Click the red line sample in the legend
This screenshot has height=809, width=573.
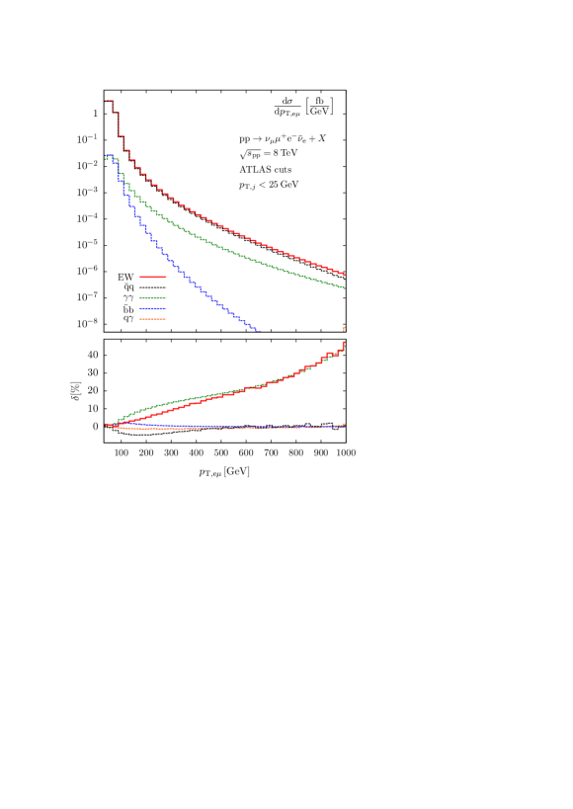(x=153, y=278)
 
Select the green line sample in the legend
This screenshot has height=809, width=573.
(x=153, y=298)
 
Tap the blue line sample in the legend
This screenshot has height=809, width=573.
(x=153, y=309)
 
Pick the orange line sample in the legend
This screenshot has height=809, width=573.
(x=153, y=319)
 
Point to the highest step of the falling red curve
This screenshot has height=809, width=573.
(x=110, y=101)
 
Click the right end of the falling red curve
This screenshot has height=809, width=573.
(x=345, y=275)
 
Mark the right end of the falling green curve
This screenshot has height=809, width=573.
(x=345, y=287)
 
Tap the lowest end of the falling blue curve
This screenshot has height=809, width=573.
(x=257, y=330)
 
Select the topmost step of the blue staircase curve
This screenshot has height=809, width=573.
(x=110, y=156)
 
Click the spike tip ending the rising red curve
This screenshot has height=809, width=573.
(x=345, y=326)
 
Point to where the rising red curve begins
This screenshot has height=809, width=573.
(x=107, y=425)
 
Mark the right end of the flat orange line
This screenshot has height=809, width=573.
(x=344, y=425)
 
